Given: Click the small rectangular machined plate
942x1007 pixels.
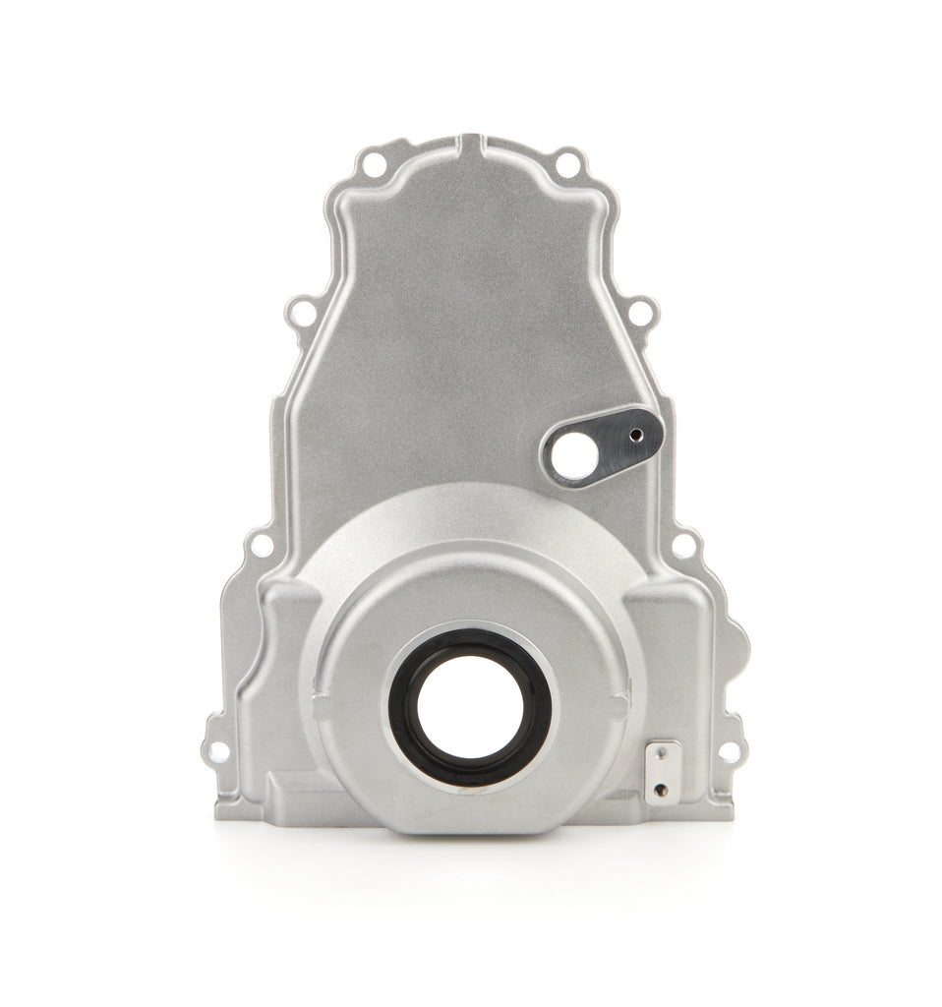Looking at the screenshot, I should (x=659, y=773).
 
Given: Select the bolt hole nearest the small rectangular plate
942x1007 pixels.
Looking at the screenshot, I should (x=728, y=753).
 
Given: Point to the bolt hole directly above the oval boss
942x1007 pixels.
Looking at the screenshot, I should (x=637, y=314).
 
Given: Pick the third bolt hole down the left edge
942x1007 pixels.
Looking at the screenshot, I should (x=262, y=542).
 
